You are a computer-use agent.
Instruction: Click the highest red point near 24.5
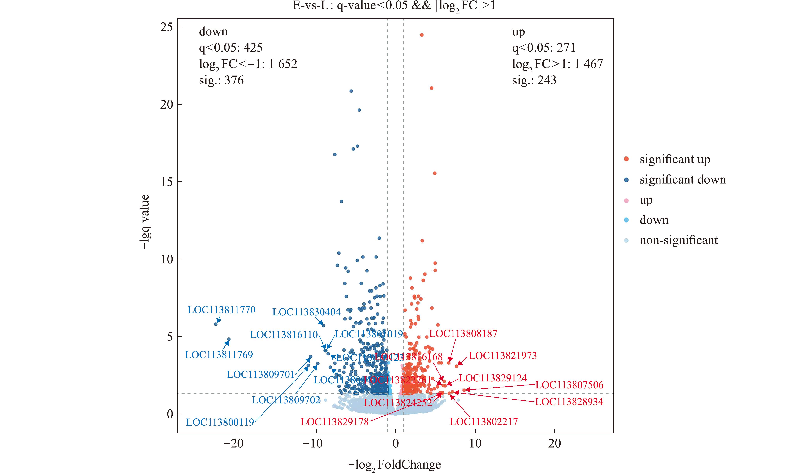click(x=421, y=35)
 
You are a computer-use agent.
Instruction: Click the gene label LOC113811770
click(x=221, y=310)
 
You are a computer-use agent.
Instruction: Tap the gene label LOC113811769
click(x=219, y=355)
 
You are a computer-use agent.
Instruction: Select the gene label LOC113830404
click(x=306, y=312)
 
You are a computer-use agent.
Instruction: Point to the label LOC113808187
click(x=463, y=334)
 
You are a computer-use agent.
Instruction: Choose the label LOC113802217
click(x=484, y=422)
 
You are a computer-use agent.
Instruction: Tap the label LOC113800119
click(x=220, y=422)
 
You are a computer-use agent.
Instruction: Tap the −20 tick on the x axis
click(x=234, y=443)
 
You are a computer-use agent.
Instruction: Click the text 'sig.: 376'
click(x=221, y=80)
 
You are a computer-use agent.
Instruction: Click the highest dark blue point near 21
click(x=351, y=91)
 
